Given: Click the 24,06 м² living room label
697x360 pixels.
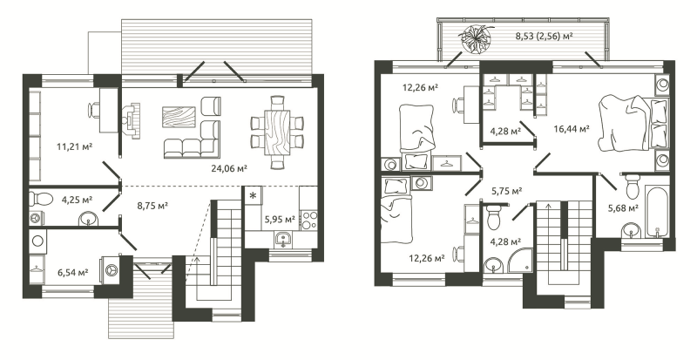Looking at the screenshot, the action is click(x=229, y=168).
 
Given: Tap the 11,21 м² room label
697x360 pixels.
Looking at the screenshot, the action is click(x=74, y=146).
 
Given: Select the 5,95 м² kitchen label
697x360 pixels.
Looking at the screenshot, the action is click(x=280, y=219).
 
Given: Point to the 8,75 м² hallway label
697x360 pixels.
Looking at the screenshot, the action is click(x=152, y=206).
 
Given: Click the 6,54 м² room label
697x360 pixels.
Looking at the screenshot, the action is click(x=72, y=271).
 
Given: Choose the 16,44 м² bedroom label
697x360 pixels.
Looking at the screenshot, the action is click(x=572, y=129).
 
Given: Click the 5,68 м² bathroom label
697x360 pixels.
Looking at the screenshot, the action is click(x=624, y=207).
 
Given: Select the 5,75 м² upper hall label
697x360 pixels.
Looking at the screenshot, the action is click(x=506, y=190).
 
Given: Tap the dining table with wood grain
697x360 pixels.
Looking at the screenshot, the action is click(x=277, y=132).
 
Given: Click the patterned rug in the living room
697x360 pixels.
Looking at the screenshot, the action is click(x=179, y=117).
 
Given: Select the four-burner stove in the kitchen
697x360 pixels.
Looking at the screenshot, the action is click(x=309, y=221).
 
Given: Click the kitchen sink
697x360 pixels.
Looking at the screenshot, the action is click(x=282, y=240).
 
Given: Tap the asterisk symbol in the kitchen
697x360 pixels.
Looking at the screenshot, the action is click(x=253, y=195).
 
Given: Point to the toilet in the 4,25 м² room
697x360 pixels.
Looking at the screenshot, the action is click(x=40, y=197).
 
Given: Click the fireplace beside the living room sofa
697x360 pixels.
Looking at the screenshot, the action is click(x=132, y=119).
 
